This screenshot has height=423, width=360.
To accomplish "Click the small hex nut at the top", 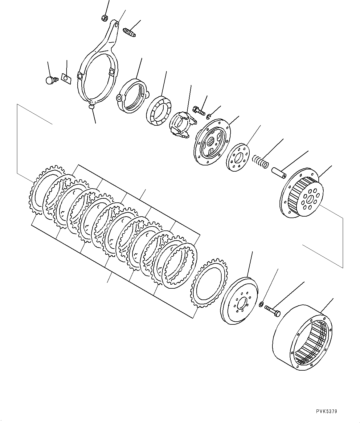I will pyautogui.click(x=104, y=18).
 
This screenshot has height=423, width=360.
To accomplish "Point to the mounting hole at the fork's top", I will pyautogui.click(x=115, y=25).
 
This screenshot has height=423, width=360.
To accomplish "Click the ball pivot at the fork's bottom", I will pyautogui.click(x=91, y=107).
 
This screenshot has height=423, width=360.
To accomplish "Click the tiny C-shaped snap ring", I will pyautogui.click(x=210, y=116).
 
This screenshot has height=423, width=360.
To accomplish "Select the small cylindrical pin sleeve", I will pyautogui.click(x=278, y=173).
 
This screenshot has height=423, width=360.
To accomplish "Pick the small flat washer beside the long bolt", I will pyautogui.click(x=261, y=305).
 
